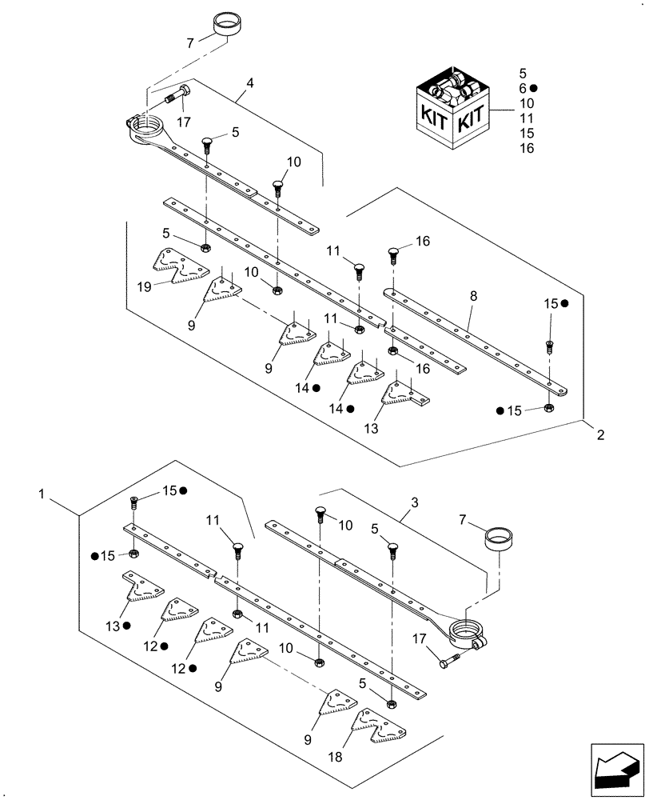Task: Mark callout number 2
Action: point(600,435)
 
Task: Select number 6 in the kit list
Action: point(524,88)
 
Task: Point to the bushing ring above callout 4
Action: point(226,24)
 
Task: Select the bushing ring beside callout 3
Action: point(500,537)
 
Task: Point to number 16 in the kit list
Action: point(526,148)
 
